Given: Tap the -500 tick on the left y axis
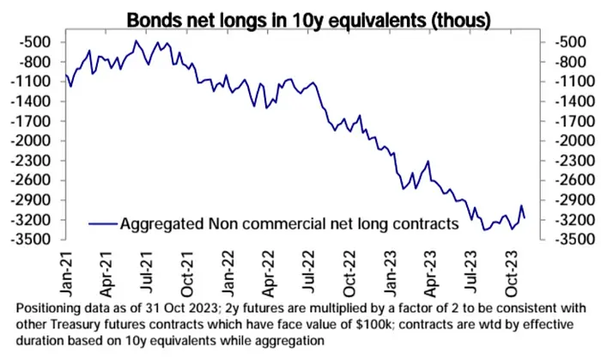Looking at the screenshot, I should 39,42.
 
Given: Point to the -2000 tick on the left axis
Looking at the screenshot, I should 35,141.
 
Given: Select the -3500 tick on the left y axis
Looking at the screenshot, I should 35,240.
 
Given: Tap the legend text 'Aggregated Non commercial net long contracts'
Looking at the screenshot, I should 289,225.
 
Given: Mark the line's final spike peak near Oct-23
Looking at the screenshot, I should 522,206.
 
